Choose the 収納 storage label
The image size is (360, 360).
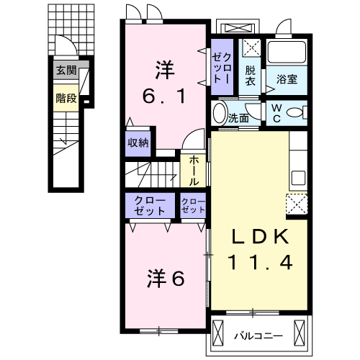138,142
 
